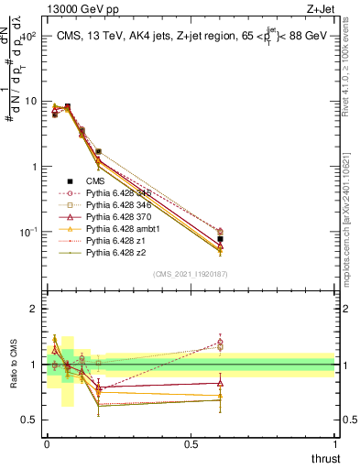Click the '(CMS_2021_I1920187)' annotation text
click(x=190, y=273)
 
